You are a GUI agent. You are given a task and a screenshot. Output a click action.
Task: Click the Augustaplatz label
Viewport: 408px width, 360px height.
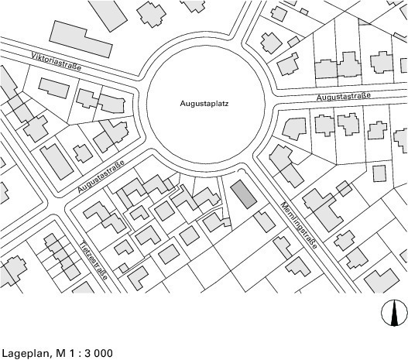tap(204, 104)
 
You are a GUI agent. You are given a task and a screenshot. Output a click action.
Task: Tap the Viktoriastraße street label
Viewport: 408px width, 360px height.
tap(57, 62)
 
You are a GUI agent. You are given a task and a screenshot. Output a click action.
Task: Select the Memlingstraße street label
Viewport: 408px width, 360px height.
tap(299, 225)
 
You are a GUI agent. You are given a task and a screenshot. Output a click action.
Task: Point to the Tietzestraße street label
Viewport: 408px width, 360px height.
tap(93, 260)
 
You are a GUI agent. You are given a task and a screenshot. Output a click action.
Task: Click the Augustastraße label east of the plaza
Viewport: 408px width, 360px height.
tap(344, 97)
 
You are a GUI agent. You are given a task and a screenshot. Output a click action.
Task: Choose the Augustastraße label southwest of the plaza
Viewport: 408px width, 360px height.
tap(101, 177)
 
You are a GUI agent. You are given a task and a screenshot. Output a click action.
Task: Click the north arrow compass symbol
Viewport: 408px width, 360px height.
tap(394, 313)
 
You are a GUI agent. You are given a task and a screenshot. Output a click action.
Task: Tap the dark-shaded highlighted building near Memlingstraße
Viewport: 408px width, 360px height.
tap(244, 194)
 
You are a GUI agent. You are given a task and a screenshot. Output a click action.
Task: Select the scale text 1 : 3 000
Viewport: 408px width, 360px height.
tap(91, 353)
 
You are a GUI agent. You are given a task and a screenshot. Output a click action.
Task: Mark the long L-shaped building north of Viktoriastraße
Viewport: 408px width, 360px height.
tap(81, 39)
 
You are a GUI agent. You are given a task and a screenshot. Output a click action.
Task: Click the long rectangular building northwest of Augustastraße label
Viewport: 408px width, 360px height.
tap(57, 162)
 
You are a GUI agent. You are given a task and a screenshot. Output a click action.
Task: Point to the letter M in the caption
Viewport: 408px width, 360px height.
tap(60, 353)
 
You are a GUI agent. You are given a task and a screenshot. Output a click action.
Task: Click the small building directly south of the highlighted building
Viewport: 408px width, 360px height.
tap(265, 222)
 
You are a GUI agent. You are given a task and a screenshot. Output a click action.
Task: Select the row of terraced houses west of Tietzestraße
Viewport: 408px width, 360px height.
tap(62, 256)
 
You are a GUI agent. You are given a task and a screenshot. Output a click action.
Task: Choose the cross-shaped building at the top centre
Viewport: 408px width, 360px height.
tap(152, 14)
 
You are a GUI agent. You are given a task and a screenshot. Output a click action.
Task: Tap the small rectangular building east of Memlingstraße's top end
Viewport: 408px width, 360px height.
tap(379, 173)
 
